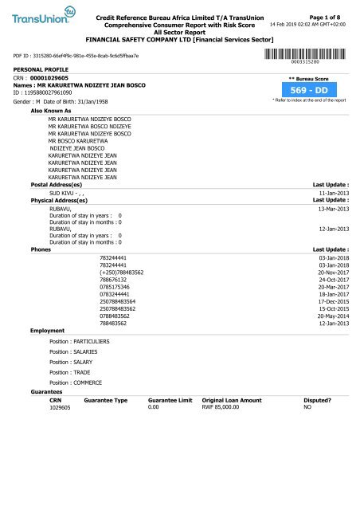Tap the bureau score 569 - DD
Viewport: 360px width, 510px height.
[x=308, y=91]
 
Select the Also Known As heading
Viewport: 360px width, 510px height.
[x=53, y=111]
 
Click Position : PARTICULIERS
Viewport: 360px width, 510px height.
[x=80, y=340]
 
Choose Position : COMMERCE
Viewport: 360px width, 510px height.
[x=76, y=382]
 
